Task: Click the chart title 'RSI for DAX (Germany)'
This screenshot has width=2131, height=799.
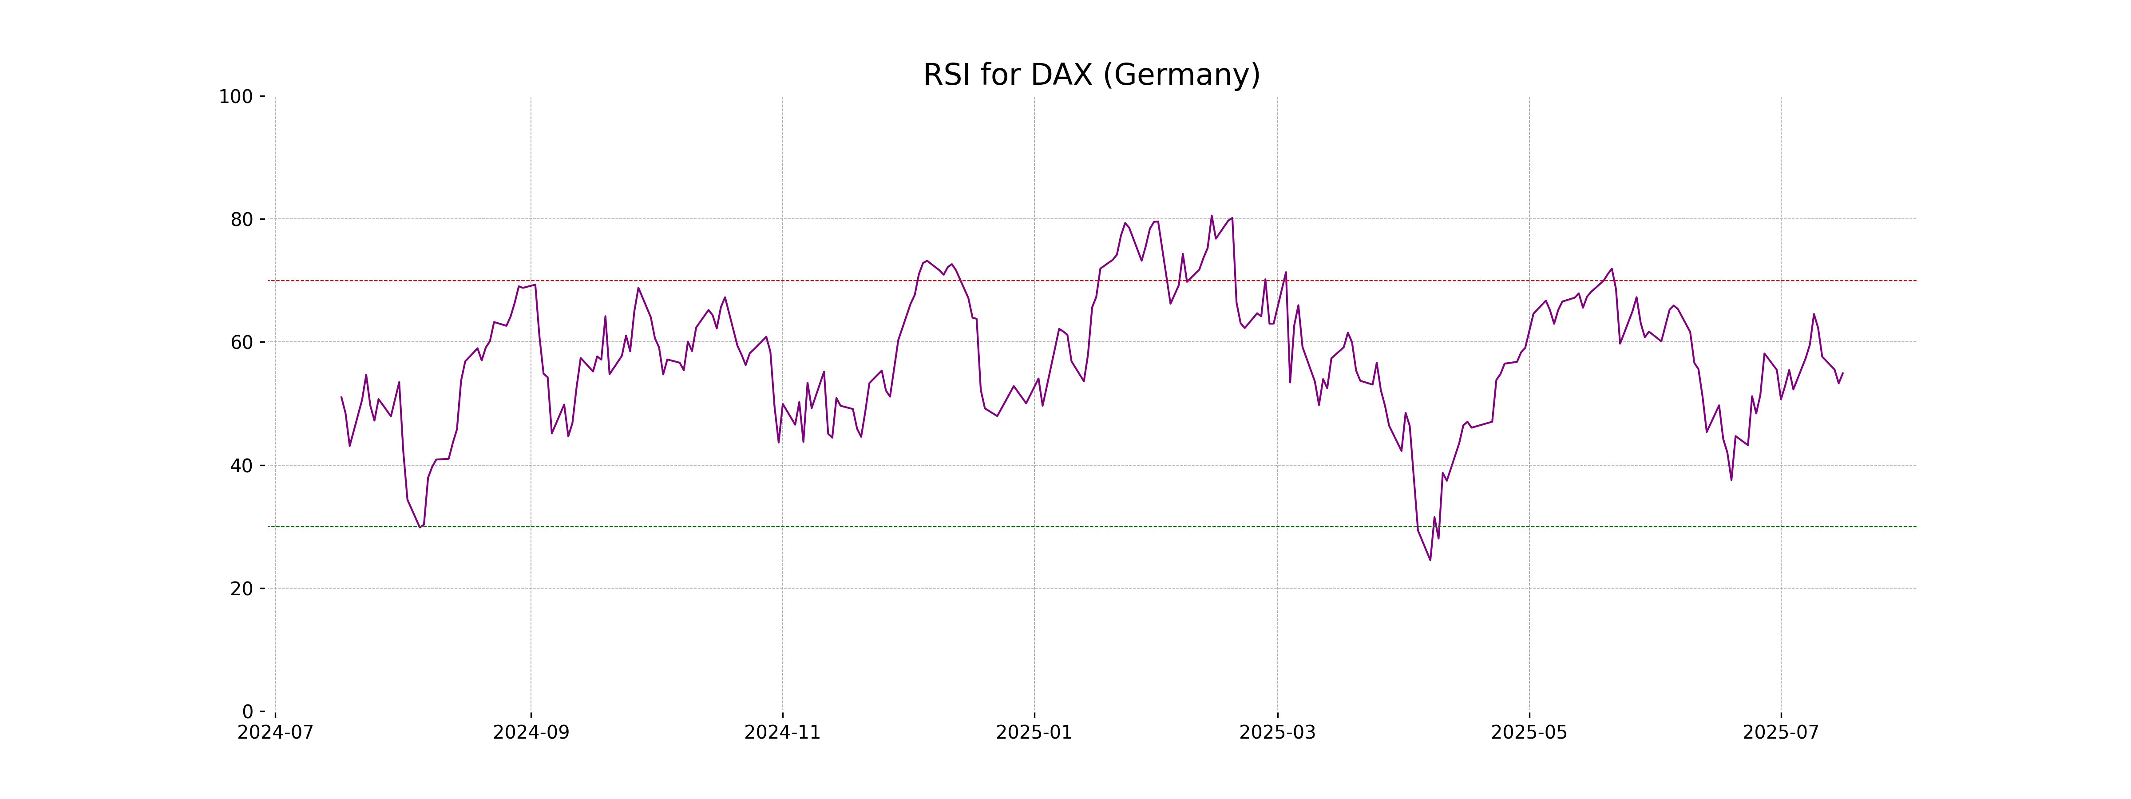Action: [x=1091, y=75]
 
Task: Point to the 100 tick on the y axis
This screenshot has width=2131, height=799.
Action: [x=236, y=97]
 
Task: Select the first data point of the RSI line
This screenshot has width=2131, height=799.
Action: [x=342, y=397]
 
